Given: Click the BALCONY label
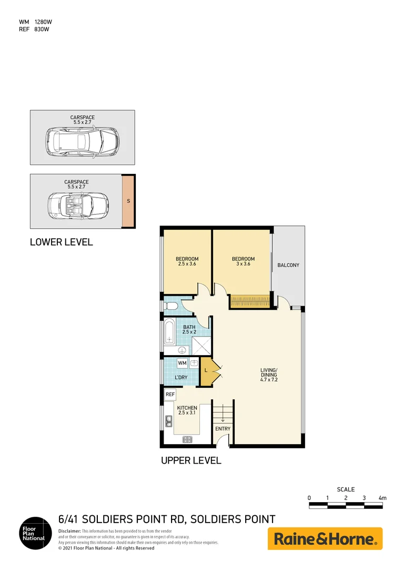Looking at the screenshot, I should click(288, 265).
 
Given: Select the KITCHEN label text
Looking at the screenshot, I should click(187, 408).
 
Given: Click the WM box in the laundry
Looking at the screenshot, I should click(182, 363).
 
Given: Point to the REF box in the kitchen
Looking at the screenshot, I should click(170, 394).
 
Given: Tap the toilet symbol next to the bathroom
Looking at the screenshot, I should click(172, 306).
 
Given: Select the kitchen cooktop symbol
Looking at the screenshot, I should click(187, 439).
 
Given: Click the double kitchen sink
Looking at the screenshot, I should click(168, 420).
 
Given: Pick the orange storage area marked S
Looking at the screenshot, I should click(128, 201).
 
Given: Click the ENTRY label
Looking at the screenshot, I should click(223, 428).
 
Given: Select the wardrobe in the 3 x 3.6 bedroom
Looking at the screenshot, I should click(250, 301).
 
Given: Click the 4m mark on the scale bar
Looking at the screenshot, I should click(382, 498).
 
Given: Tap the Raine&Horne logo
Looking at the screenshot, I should click(325, 539).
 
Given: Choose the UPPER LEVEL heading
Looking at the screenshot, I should click(191, 460).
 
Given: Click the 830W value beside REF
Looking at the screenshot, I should click(42, 29).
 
